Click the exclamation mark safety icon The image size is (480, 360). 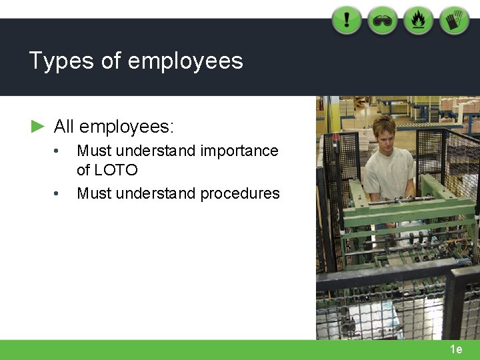[347, 20]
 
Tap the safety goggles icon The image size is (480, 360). [383, 20]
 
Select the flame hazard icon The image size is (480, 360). [419, 20]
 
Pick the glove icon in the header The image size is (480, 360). [454, 20]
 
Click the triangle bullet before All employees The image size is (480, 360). [38, 125]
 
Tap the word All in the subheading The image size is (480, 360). [63, 126]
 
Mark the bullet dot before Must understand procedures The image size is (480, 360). [59, 194]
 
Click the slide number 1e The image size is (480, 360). [456, 349]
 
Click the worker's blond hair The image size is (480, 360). [384, 123]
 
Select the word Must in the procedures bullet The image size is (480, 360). [92, 193]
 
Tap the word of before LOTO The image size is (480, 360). [83, 170]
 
